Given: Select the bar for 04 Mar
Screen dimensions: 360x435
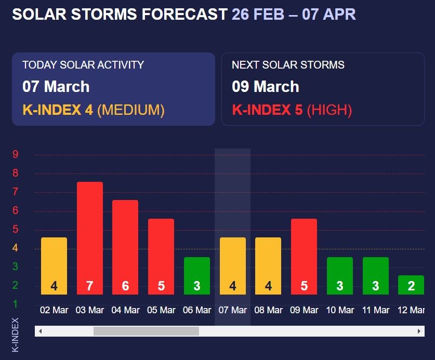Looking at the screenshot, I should [x=125, y=247].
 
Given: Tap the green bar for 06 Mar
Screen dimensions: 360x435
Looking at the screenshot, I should [x=197, y=275].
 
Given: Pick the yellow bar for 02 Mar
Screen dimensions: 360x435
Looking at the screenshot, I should [x=54, y=265].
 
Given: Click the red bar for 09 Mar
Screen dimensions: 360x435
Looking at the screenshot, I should [x=304, y=257].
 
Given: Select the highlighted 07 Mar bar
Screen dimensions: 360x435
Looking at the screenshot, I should [x=233, y=265].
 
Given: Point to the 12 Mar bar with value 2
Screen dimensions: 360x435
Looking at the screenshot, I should [x=411, y=285].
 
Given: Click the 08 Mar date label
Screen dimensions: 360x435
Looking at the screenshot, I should [x=268, y=310].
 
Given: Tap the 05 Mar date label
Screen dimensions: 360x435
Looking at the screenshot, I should [x=161, y=310].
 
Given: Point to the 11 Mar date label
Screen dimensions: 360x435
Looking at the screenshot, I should [x=376, y=310].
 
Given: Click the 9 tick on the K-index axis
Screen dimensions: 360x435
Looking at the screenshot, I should [x=16, y=154].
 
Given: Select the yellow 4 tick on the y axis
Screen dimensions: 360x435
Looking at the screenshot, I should [x=16, y=248].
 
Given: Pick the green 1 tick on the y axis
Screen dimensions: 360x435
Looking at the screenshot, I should [x=16, y=303].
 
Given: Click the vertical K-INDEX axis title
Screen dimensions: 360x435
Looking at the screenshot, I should [x=15, y=335].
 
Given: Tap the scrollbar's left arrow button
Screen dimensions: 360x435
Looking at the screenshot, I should [x=40, y=331].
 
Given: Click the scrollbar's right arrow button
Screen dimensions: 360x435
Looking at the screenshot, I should [x=419, y=331].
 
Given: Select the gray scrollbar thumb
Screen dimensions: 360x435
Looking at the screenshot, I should [x=146, y=331].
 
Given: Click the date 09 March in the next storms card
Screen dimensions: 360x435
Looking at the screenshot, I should [x=265, y=86].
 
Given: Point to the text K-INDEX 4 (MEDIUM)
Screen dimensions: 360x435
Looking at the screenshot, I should [x=94, y=110].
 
